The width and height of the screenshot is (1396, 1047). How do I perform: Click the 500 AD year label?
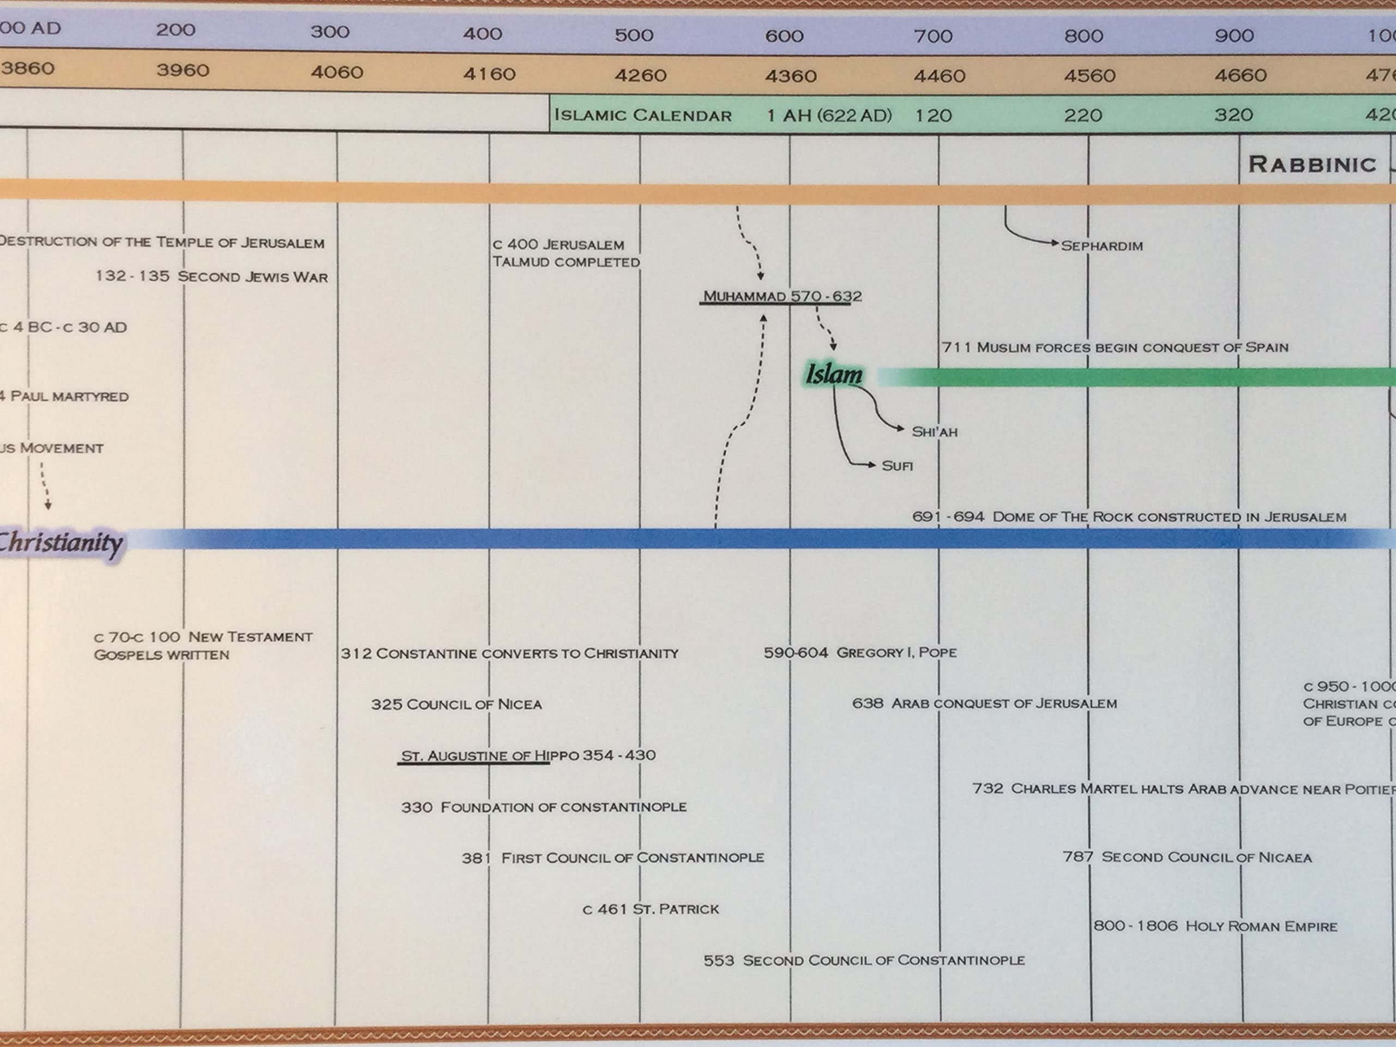tap(634, 35)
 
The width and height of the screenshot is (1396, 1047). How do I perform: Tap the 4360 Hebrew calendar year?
tap(790, 76)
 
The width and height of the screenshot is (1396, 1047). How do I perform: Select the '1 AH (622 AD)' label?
tap(829, 116)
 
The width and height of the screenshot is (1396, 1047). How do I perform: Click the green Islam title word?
tap(833, 374)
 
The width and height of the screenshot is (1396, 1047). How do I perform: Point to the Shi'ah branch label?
tap(934, 432)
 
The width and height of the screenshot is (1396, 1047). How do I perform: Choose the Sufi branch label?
tap(897, 466)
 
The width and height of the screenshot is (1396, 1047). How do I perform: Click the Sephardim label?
tap(1102, 246)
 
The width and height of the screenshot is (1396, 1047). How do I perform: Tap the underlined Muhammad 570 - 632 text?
tap(782, 296)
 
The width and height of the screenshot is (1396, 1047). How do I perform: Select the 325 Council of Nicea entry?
tap(456, 705)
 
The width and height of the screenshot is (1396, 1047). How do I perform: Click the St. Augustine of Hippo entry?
tap(528, 755)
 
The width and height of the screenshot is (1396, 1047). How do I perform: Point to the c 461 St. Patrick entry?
tap(650, 909)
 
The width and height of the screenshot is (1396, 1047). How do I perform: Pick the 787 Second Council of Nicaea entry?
tap(1187, 857)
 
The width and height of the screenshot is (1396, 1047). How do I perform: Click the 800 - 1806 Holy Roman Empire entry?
tap(1215, 926)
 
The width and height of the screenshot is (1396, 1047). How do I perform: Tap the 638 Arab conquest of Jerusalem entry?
tap(984, 703)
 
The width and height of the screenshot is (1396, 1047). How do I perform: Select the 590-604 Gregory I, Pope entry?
tap(859, 653)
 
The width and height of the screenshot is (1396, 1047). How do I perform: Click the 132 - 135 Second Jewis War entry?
tap(212, 276)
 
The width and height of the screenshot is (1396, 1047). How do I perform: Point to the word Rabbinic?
tap(1311, 165)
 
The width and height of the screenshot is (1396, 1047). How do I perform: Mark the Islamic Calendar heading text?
tap(642, 116)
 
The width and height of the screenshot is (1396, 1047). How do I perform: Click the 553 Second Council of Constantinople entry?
tap(863, 960)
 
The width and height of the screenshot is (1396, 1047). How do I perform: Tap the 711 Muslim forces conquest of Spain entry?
tap(1115, 347)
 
